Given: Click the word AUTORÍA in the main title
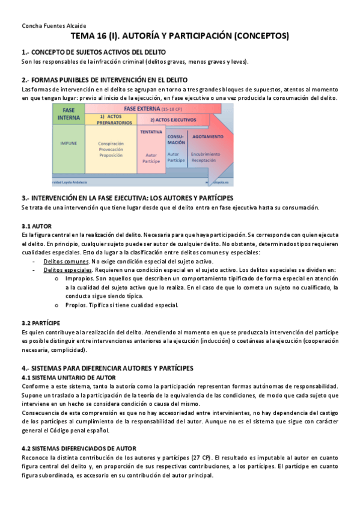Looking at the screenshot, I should (x=150, y=37).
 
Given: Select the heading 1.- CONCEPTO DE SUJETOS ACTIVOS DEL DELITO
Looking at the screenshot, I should (x=93, y=52).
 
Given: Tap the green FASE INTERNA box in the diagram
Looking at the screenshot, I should (x=67, y=114).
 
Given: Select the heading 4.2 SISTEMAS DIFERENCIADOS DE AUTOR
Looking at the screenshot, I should (x=79, y=449).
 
